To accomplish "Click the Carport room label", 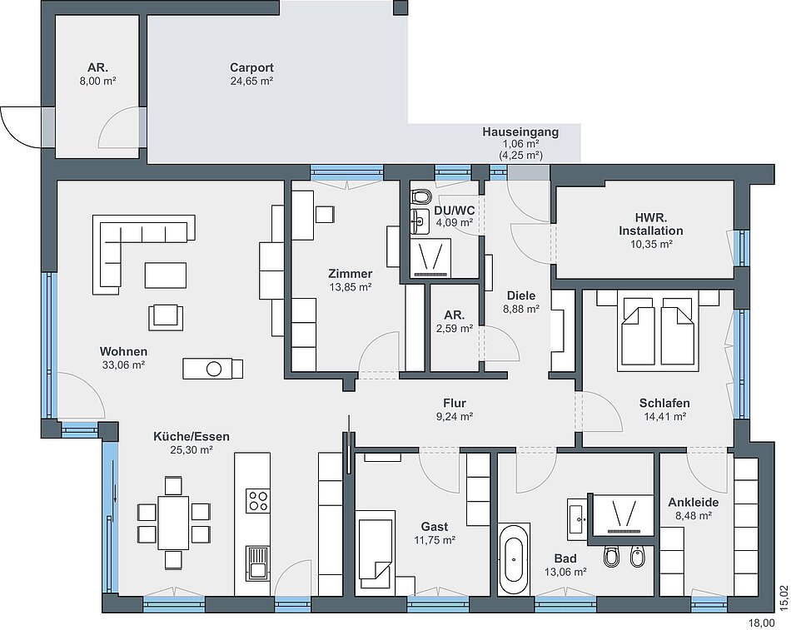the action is tap(251, 67).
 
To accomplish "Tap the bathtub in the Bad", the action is tap(514, 558).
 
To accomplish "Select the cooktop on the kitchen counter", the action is tap(258, 500).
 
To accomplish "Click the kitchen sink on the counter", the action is tap(258, 562).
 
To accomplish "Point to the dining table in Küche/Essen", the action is tap(173, 523).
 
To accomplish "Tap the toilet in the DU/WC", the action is tap(421, 196).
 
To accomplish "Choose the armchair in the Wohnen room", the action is tap(166, 317).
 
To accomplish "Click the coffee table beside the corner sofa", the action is tap(166, 275).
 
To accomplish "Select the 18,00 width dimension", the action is tap(761, 623).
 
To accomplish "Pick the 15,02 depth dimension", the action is tap(784, 598).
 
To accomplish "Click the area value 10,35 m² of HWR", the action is tap(651, 244).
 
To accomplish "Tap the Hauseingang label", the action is tap(520, 132).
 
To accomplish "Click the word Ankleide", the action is tap(693, 503).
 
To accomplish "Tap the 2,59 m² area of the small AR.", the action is tap(455, 329).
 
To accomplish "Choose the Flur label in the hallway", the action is tap(455, 403).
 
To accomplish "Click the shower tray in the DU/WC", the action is tap(430, 258).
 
